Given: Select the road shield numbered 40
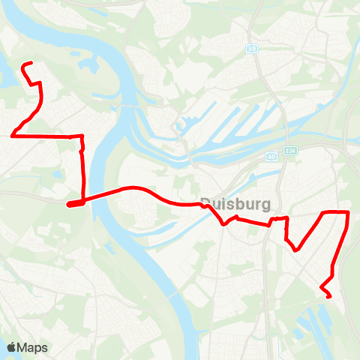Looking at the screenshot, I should [271, 157].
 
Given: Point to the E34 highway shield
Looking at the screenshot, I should [290, 151].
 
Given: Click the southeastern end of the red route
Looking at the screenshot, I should [330, 297].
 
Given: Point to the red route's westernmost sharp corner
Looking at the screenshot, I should [13, 135].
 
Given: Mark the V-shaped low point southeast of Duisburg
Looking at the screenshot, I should [297, 250].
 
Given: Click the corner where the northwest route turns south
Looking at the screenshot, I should [81, 137].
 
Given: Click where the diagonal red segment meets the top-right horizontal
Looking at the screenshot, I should [322, 214].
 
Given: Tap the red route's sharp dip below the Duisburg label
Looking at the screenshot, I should [223, 223].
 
